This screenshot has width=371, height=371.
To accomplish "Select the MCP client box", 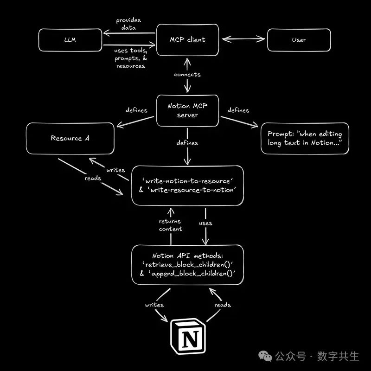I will tap(187, 40).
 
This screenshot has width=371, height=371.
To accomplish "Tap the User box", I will tap(299, 40).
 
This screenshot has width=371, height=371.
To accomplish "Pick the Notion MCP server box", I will tap(187, 110).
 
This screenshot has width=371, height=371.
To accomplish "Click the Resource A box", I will tap(70, 138).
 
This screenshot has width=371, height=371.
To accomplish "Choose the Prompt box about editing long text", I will tap(305, 138).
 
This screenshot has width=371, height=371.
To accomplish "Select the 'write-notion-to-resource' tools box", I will tap(187, 184).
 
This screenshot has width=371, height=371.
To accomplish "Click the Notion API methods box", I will tap(187, 265).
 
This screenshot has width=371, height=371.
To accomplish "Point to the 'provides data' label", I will tap(128, 24).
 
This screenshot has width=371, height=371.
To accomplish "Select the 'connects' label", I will tap(187, 74).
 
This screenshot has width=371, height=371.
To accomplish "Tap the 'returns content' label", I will tap(171, 225).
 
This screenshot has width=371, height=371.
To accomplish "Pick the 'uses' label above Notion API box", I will tap(205, 223).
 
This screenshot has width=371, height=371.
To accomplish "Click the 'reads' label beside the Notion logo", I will tap(223, 305).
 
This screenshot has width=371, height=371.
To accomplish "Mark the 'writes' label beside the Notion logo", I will tap(154, 305).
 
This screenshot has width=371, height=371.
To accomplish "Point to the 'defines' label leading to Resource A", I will tap(136, 110).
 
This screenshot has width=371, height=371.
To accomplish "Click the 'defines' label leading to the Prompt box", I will tap(238, 110).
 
